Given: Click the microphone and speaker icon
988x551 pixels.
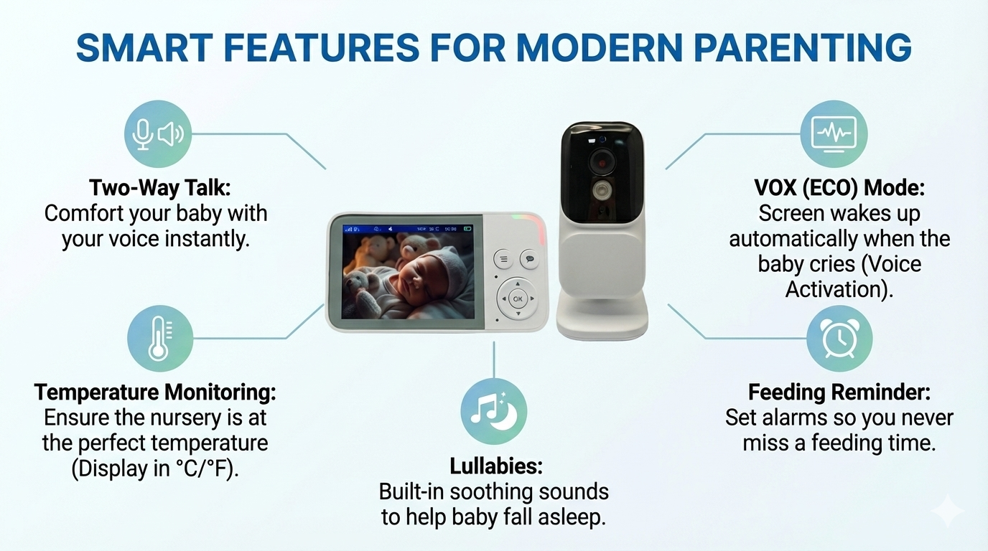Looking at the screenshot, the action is click(x=158, y=133).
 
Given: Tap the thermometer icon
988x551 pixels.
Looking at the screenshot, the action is click(x=160, y=338).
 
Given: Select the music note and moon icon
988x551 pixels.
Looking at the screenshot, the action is click(x=493, y=411).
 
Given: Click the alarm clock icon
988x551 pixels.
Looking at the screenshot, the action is click(x=839, y=338).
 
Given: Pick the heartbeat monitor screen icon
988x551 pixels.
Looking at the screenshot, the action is click(x=834, y=133).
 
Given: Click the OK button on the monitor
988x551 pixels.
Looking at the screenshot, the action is click(x=518, y=299).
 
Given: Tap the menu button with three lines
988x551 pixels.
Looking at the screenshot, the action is click(x=503, y=259).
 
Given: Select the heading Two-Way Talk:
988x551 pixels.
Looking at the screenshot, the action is click(x=159, y=188).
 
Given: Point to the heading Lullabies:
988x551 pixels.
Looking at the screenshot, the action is click(x=495, y=466).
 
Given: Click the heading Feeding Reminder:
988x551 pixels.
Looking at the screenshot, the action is click(x=839, y=392).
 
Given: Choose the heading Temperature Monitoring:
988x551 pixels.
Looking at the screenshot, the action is click(x=155, y=392).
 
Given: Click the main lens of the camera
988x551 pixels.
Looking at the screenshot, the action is click(x=603, y=161).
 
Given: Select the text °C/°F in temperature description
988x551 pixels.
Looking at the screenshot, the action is click(x=202, y=468).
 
